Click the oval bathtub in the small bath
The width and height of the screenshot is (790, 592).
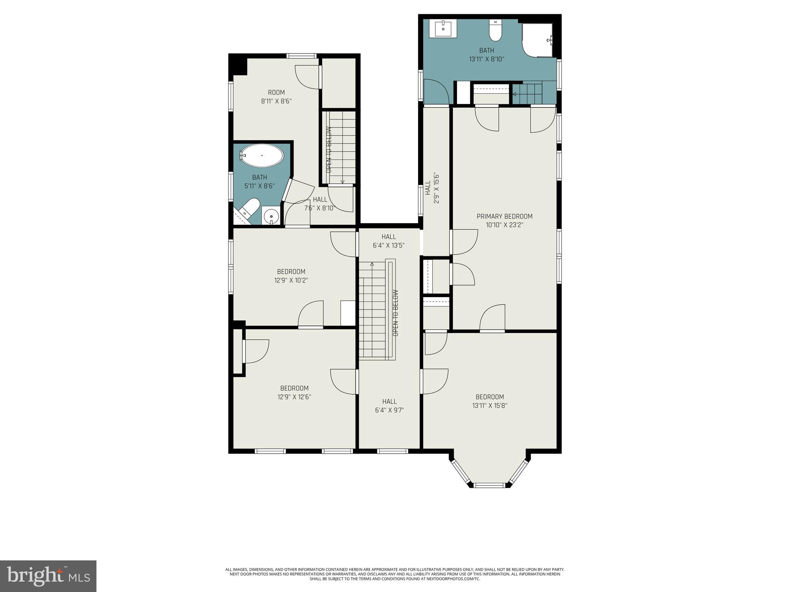[262, 156]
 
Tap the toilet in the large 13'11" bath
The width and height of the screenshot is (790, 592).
[495, 31]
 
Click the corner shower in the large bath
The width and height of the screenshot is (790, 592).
[537, 40]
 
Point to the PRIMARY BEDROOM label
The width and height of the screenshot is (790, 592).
[504, 216]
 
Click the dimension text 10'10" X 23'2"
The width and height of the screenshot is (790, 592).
[504, 225]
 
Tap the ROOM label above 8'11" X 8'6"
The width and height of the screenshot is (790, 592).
[276, 92]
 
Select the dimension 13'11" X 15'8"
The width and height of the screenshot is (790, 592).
[490, 405]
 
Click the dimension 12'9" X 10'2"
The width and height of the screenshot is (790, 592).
[291, 280]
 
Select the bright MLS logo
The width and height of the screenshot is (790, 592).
[48, 576]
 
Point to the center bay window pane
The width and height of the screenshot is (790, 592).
[489, 485]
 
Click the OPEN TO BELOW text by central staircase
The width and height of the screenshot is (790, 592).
[395, 313]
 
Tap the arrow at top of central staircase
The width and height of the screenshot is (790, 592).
[372, 264]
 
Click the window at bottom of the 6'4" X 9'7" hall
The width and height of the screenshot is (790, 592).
[392, 451]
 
